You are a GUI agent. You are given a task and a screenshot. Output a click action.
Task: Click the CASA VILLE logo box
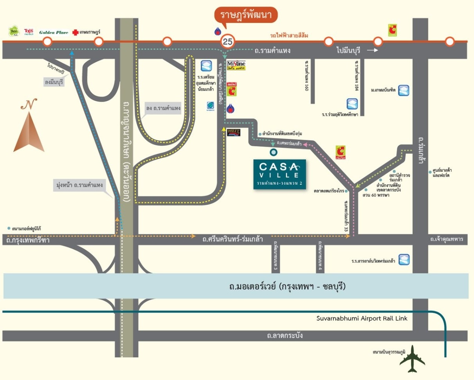coord(279,174)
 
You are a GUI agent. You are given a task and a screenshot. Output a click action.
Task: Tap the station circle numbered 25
coord(227,41)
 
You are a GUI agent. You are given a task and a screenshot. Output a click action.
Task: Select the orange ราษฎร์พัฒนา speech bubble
coord(246,16)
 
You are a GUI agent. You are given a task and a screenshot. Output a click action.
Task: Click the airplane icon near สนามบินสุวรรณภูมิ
coord(412,358)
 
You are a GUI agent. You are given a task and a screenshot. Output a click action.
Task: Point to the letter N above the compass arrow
coord(29,105)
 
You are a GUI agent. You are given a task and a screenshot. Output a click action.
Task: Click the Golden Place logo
coord(54,32)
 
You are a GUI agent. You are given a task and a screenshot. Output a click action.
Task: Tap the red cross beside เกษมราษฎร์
coord(75,32)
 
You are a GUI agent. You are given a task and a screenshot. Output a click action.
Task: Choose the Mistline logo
coord(236,65)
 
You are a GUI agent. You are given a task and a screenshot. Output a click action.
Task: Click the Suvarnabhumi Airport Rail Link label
coord(362,318)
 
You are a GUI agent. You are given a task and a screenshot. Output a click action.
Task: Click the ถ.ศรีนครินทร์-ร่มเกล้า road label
coord(232,239)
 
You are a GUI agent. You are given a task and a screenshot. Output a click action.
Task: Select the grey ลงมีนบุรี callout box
coord(54,82)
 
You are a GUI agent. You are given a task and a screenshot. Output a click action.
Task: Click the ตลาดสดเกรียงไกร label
coord(329,191)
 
